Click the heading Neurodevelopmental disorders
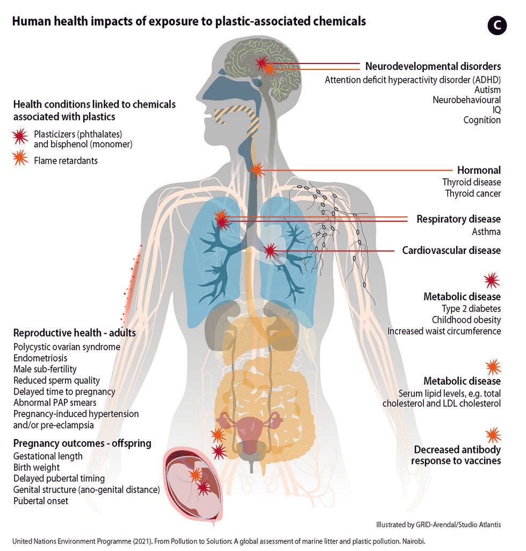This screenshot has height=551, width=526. coord(433,66)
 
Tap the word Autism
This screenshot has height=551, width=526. coord(487,90)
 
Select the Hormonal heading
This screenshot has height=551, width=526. coord(479,170)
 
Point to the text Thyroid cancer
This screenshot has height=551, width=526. coord(472,194)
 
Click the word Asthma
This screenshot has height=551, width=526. coord(486,232)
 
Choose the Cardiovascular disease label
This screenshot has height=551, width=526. coord(451,250)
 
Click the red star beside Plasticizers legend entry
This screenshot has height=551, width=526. coord(20,137)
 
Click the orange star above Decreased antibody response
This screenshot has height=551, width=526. coord(493,435)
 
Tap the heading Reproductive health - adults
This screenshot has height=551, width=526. coord(74,333)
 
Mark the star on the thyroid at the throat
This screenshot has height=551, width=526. coord(256,171)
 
